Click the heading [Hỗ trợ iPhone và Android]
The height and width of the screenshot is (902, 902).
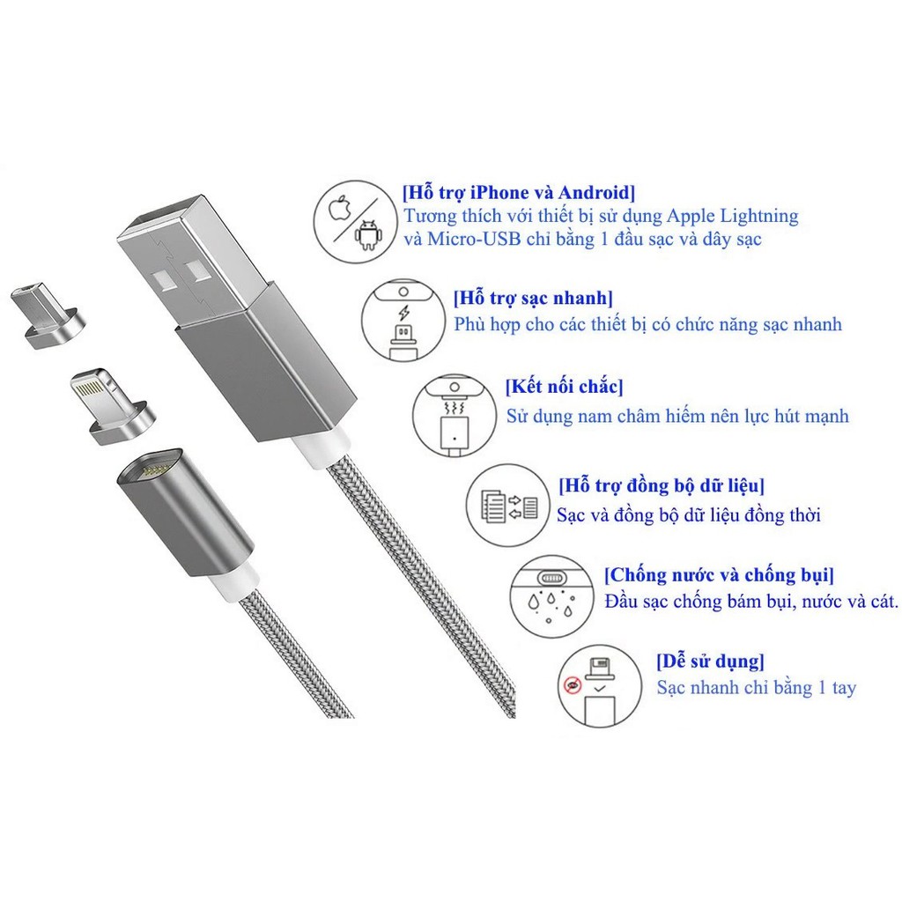tap(517, 192)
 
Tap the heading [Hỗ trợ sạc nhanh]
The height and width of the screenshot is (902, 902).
tap(534, 298)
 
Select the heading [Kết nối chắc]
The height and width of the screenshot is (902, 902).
tap(564, 386)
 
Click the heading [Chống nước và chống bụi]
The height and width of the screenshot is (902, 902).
tap(719, 576)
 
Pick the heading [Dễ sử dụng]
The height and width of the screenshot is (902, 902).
tap(709, 661)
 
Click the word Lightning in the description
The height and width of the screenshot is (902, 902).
tap(756, 216)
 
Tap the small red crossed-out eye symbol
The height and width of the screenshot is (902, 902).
tap(573, 684)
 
